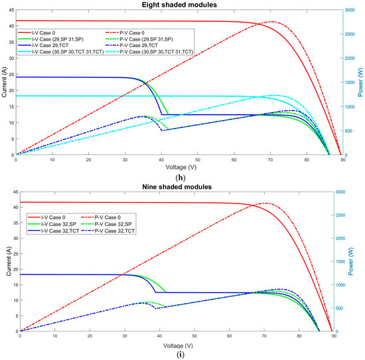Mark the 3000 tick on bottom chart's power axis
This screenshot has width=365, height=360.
349,192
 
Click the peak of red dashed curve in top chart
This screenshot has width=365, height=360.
273,21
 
